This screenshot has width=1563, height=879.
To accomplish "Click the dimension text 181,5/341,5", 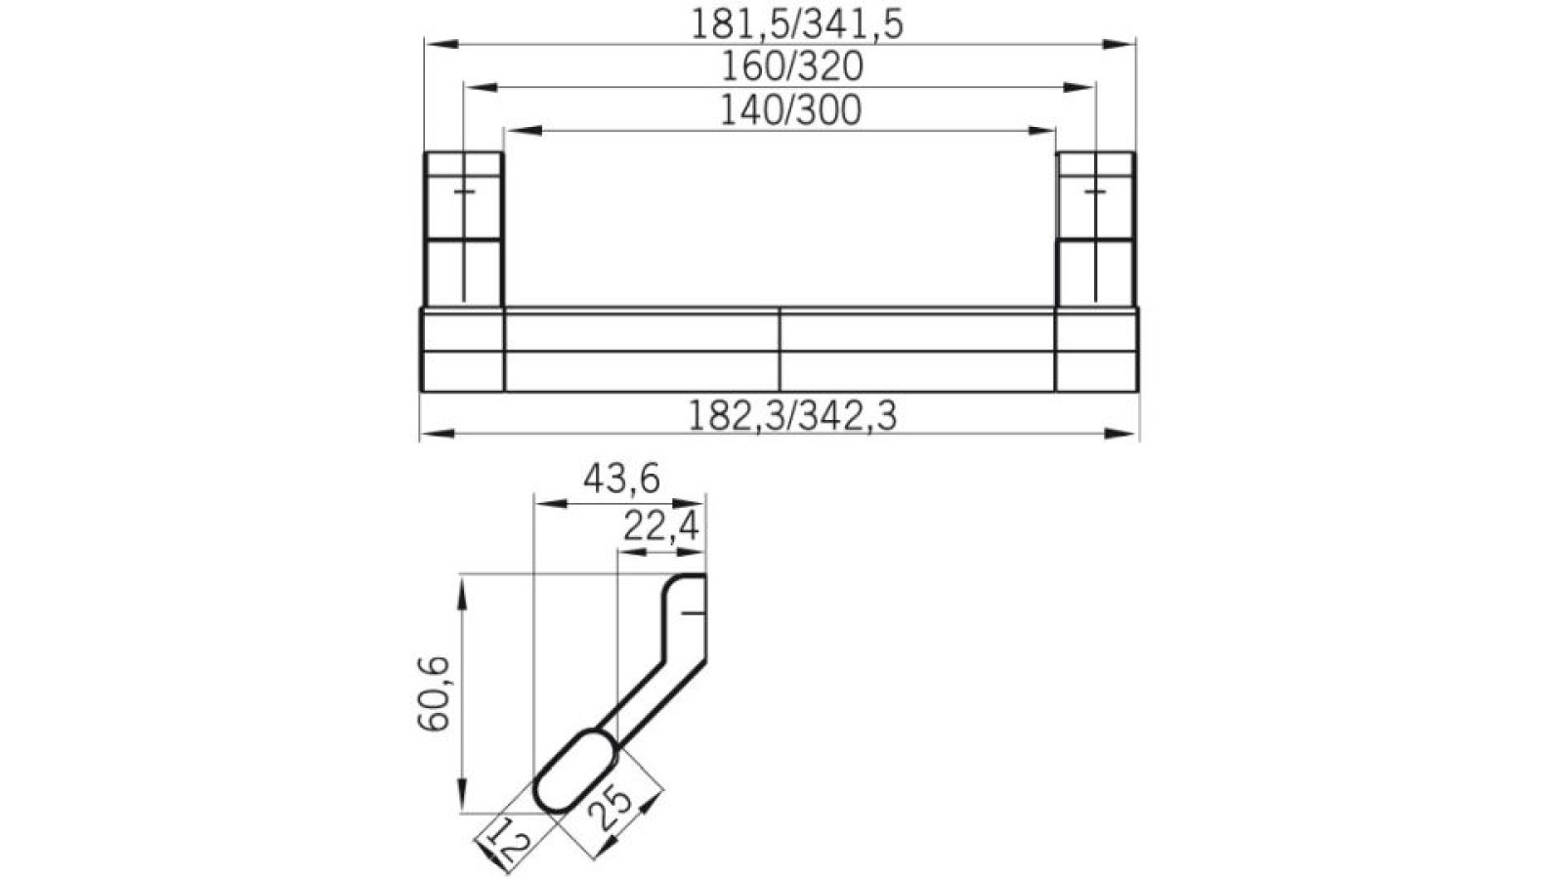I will (x=796, y=24).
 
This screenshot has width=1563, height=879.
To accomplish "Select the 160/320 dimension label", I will (x=791, y=66).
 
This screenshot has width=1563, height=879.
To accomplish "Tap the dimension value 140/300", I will (x=790, y=110).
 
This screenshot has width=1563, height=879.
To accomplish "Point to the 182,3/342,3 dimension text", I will (x=791, y=416).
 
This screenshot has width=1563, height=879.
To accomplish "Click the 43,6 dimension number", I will (x=621, y=480).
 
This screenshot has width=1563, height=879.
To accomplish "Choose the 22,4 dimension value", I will (x=661, y=527).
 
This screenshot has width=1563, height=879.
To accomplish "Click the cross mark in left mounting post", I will (x=465, y=192).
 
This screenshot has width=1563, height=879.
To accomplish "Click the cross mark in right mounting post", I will (x=1096, y=192).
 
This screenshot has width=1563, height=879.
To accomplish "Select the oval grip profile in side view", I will (x=576, y=770).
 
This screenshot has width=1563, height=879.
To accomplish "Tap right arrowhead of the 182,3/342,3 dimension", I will (x=1122, y=434).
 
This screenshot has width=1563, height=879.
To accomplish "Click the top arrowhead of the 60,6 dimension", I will (x=460, y=590).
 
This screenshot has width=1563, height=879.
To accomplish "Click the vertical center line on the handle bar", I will (x=780, y=350).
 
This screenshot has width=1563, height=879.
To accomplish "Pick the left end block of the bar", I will (x=462, y=350).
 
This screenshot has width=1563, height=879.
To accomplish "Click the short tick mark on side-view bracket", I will (x=692, y=613).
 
